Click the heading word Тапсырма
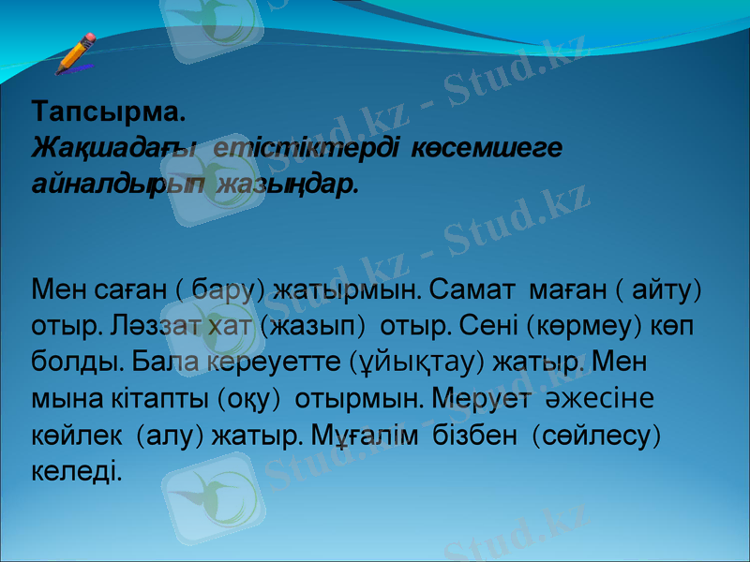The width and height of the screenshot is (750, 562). click(x=109, y=113)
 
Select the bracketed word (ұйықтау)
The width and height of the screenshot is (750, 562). click(x=427, y=361)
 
